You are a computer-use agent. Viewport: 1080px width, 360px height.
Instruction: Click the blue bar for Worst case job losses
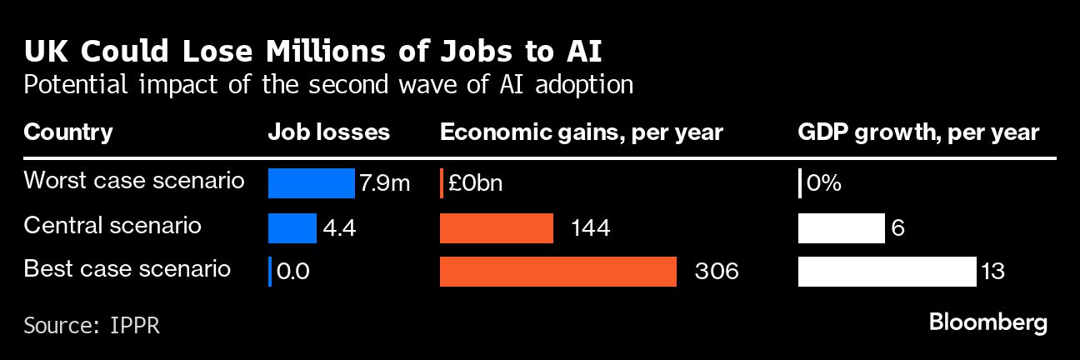click(x=311, y=183)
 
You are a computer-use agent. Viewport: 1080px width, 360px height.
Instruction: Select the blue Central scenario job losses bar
click(x=292, y=227)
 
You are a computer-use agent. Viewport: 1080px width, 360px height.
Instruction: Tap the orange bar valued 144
click(x=496, y=227)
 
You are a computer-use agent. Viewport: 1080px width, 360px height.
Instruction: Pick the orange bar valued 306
click(x=557, y=272)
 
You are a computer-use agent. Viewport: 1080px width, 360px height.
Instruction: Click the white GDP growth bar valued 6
click(x=841, y=227)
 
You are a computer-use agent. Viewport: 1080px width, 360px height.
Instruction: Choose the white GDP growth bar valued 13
click(x=887, y=272)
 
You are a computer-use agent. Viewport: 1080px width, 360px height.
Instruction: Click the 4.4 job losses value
click(x=339, y=228)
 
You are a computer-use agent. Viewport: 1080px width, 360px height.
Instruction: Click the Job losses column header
click(x=328, y=132)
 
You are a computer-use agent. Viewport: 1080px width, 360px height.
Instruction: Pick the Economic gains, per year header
click(x=581, y=132)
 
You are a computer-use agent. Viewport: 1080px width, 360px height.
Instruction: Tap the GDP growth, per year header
click(x=918, y=132)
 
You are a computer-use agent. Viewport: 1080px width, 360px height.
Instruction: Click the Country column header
click(x=68, y=132)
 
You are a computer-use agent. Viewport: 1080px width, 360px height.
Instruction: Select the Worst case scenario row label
click(x=134, y=181)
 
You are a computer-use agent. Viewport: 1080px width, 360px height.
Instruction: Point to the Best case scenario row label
click(x=127, y=269)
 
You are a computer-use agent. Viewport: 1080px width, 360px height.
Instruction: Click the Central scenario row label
click(x=112, y=225)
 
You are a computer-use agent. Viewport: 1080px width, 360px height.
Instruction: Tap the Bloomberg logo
click(x=987, y=322)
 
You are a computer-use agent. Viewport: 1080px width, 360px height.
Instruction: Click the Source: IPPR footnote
click(x=92, y=324)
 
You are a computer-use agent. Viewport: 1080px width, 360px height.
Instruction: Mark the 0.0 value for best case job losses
click(x=293, y=272)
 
